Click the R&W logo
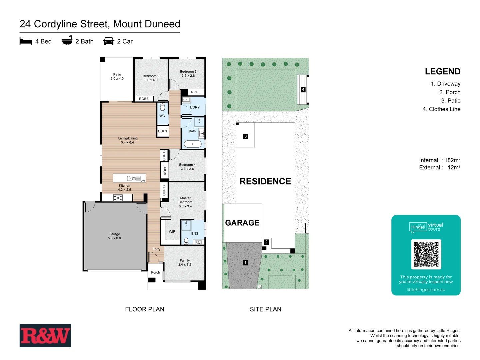coord(45,335)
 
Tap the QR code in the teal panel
coord(426,254)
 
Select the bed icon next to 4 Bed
coord(26,41)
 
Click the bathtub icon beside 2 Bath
coord(67,41)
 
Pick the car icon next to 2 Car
coord(109,41)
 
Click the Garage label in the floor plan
coord(114,236)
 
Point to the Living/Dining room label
coord(128,140)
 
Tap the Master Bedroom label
coord(185,202)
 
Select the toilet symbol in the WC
coord(163,107)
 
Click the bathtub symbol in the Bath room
coord(193,144)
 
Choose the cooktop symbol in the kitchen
coord(118,198)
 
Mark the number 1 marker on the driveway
coord(245,263)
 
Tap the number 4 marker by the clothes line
coord(303,90)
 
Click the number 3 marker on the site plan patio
coord(246,136)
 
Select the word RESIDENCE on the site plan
coord(265,181)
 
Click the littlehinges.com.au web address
coord(426,290)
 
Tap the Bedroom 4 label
coord(187,167)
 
